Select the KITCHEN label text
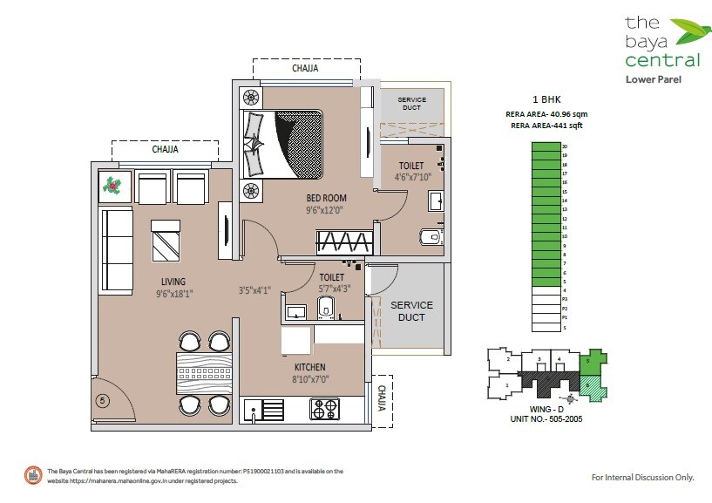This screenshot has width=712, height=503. [x=309, y=367]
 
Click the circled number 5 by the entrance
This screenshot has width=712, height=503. [x=103, y=401]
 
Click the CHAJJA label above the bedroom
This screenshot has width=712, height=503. [x=305, y=67]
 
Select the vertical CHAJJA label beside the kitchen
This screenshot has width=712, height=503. [x=381, y=400]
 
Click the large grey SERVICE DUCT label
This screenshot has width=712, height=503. [x=411, y=310]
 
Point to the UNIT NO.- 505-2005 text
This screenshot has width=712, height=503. [x=546, y=419]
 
